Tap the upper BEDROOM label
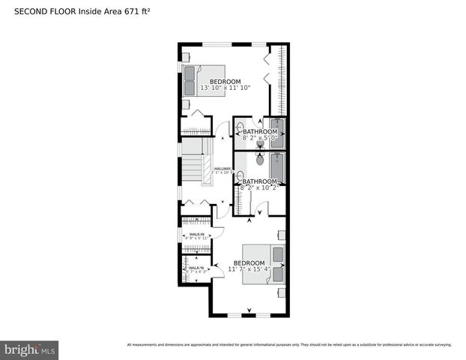[225, 81]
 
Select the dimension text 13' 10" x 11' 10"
[225, 88]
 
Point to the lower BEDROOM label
[249, 262]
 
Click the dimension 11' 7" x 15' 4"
[249, 269]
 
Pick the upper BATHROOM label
[259, 131]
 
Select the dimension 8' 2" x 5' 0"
[259, 138]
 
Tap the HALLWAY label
[223, 169]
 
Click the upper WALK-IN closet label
[197, 234]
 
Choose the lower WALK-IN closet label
[196, 268]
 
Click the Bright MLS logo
[30, 349]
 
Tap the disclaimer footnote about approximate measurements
[289, 344]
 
